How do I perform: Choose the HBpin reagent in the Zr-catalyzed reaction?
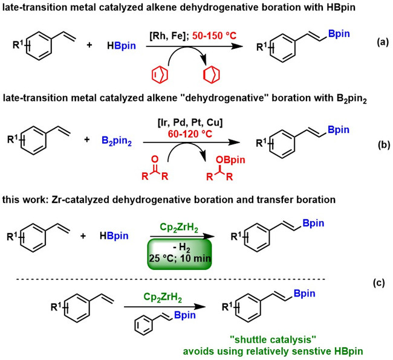(x=115, y=236)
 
